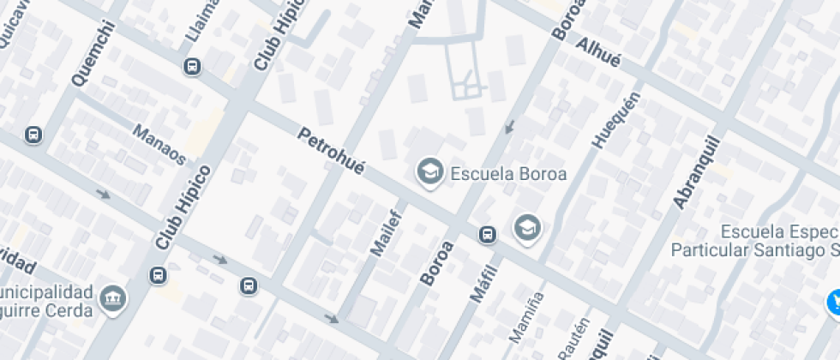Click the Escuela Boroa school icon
[429, 172]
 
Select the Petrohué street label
[330, 151]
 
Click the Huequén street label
[604, 120]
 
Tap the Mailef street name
[385, 231]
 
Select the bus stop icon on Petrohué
[487, 235]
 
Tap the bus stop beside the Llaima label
[193, 66]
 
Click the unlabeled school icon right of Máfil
[527, 227]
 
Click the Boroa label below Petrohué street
[436, 263]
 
